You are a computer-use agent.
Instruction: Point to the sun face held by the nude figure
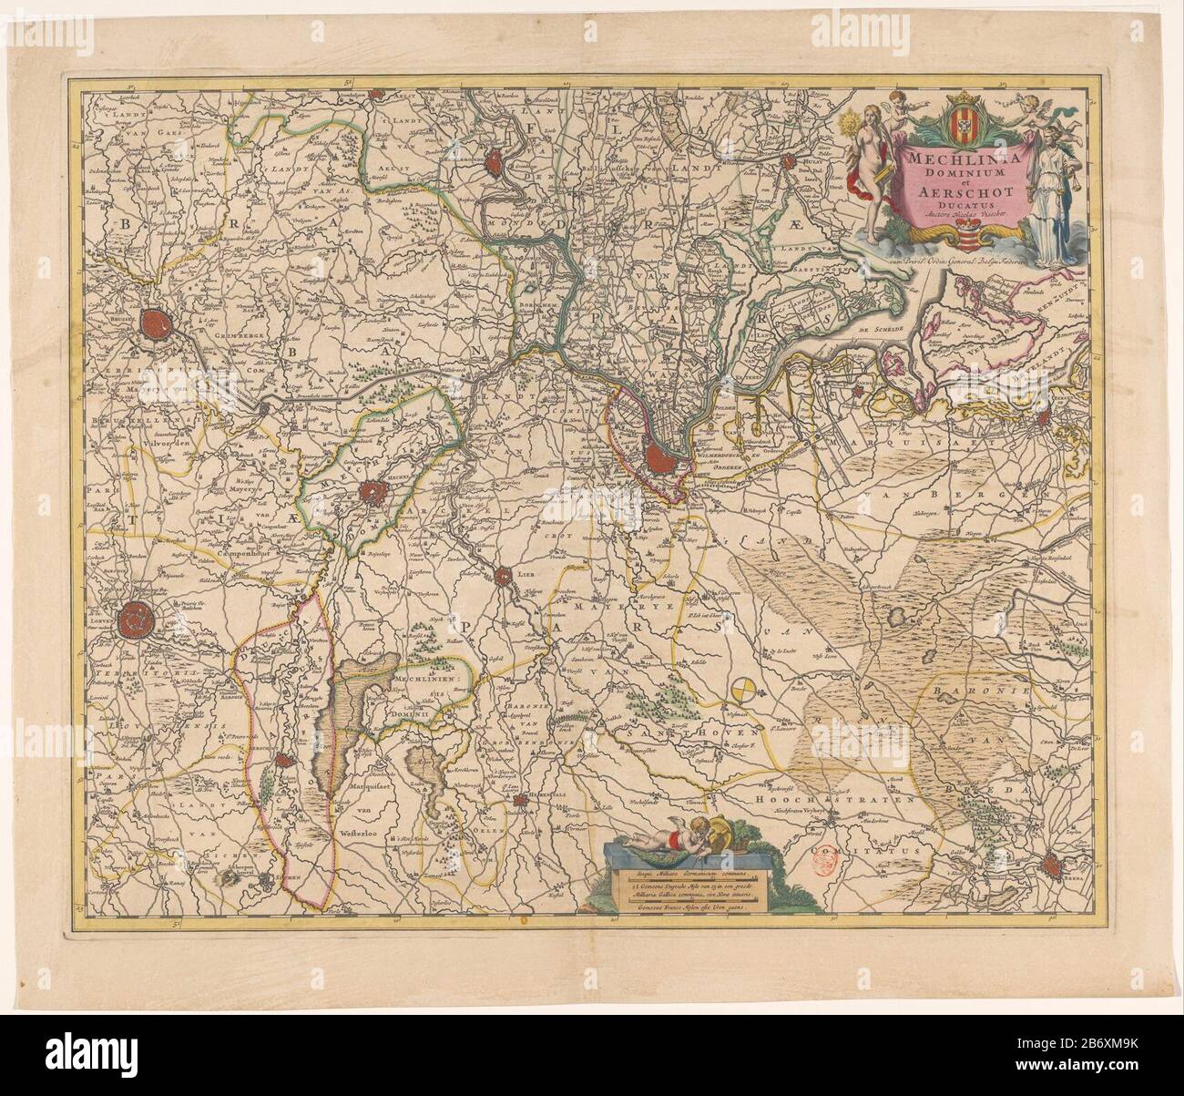coord(855,122)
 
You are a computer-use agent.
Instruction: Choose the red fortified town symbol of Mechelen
coord(373,495)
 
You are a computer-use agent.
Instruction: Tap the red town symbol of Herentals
coord(520,802)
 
